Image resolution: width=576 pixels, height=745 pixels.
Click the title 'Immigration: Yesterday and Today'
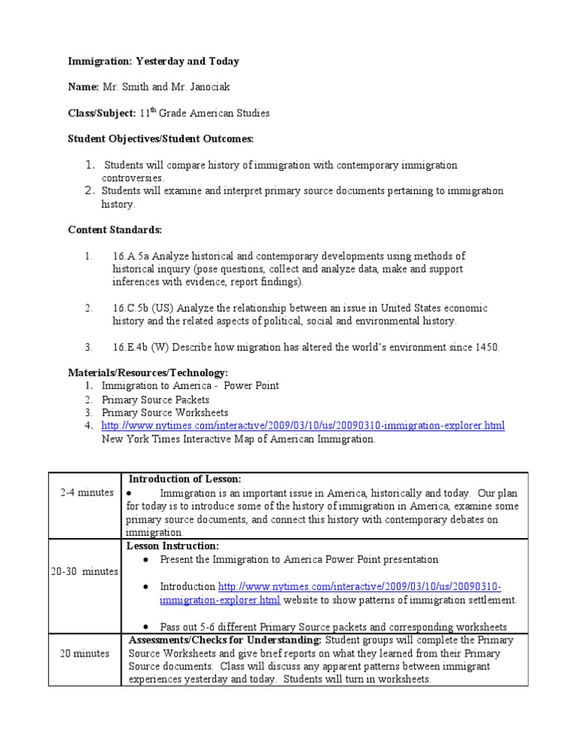(154, 61)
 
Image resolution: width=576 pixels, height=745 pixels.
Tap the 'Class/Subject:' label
(102, 113)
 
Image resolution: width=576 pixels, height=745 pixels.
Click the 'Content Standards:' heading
(114, 229)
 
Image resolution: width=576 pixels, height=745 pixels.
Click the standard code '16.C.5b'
(130, 308)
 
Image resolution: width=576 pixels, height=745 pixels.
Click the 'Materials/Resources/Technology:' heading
(148, 372)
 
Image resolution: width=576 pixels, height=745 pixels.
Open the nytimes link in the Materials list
(303, 426)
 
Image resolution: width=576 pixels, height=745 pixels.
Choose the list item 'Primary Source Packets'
(155, 399)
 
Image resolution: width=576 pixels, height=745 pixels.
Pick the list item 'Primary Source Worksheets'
(165, 412)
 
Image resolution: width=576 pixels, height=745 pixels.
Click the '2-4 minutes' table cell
(87, 492)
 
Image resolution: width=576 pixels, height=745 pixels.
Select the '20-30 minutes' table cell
(85, 571)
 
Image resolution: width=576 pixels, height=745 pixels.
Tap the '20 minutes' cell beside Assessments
(85, 653)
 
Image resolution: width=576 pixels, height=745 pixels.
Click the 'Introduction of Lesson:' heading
(184, 479)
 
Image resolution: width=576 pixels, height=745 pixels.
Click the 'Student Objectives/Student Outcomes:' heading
(160, 139)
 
